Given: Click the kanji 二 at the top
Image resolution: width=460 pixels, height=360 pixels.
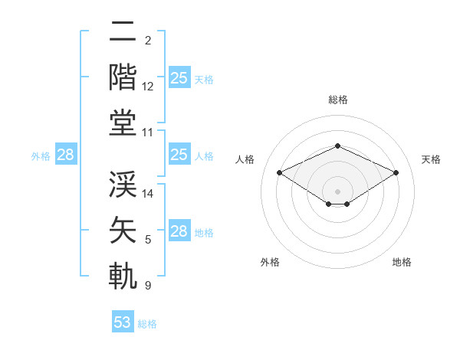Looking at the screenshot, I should click(123, 31).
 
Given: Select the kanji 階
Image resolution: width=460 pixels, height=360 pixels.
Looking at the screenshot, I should click(123, 77).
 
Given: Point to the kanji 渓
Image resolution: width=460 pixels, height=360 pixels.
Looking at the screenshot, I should click(123, 184).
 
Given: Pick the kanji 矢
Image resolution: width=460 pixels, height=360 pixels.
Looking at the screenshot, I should click(123, 230).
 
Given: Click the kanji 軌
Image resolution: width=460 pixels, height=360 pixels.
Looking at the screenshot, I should click(123, 276).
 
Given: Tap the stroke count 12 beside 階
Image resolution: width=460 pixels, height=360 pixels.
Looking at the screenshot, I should click(148, 87).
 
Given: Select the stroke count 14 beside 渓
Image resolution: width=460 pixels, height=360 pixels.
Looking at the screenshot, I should click(148, 194).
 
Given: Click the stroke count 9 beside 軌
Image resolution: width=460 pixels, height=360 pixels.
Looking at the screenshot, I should click(148, 286).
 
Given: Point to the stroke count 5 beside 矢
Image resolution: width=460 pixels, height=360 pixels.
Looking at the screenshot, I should click(148, 240).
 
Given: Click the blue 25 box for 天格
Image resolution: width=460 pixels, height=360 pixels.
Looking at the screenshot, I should click(179, 77).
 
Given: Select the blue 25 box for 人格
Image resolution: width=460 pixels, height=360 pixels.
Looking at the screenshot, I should click(179, 155).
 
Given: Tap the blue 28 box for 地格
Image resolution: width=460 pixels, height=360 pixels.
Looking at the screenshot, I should click(179, 231).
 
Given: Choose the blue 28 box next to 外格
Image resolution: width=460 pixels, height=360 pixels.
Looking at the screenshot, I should click(65, 155).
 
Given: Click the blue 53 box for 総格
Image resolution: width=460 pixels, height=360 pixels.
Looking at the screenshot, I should click(123, 322).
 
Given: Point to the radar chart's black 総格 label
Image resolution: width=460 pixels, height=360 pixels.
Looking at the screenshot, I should click(338, 100).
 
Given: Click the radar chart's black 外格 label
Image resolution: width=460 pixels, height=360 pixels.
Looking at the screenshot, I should click(270, 262).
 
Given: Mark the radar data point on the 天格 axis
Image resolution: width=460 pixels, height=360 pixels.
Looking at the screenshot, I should click(396, 173).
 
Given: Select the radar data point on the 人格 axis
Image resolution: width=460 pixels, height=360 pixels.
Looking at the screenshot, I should click(279, 173).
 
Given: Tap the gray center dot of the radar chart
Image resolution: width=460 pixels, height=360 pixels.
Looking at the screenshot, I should click(337, 191).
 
